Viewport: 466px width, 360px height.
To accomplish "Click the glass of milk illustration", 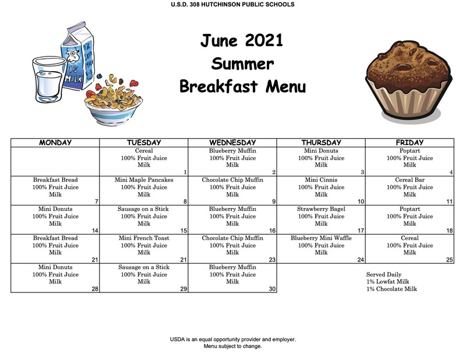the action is pos(49,80).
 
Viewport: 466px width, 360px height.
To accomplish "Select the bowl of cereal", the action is pos(114,101).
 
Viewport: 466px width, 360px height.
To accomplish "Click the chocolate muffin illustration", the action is pos(409,80).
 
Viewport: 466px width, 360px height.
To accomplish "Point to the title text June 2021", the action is pos(242,40).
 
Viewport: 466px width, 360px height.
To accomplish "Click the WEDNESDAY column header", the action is pos(232,142).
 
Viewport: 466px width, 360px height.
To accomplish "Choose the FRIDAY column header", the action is pos(409,142).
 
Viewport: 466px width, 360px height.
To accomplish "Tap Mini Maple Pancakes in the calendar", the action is pos(144,180).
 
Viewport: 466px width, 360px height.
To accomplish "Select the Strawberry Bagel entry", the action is pos(321,209).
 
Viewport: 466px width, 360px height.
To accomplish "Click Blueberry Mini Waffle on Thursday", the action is pos(321,238).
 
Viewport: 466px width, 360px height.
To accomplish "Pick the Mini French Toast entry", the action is pos(144,238).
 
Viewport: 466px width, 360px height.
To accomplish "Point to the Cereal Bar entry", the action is pos(409,180).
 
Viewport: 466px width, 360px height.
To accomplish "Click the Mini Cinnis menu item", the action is pos(321,180).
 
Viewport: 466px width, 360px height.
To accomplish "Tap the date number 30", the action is pos(272,289).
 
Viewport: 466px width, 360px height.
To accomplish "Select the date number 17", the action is pos(361,230).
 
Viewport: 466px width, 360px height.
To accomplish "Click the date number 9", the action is pos(274,201).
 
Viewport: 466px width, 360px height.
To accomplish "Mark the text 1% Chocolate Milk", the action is pos(391,289).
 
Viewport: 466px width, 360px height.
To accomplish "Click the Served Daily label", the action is pos(384,274).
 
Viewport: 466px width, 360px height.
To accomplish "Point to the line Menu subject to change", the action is pos(232,347).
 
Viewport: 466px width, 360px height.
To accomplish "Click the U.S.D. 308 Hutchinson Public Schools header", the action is pos(232,5).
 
